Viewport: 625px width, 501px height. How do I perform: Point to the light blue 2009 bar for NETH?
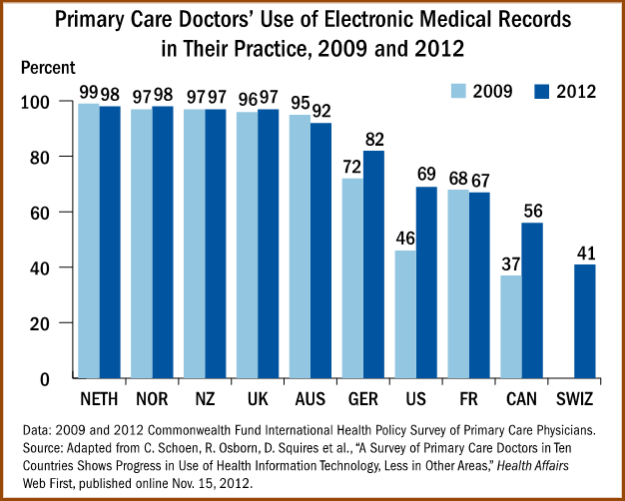click(89, 241)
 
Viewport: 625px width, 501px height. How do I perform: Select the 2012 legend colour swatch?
click(536, 91)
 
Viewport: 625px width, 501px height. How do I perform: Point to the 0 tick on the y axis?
click(56, 379)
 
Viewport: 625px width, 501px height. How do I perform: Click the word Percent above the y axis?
click(47, 68)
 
